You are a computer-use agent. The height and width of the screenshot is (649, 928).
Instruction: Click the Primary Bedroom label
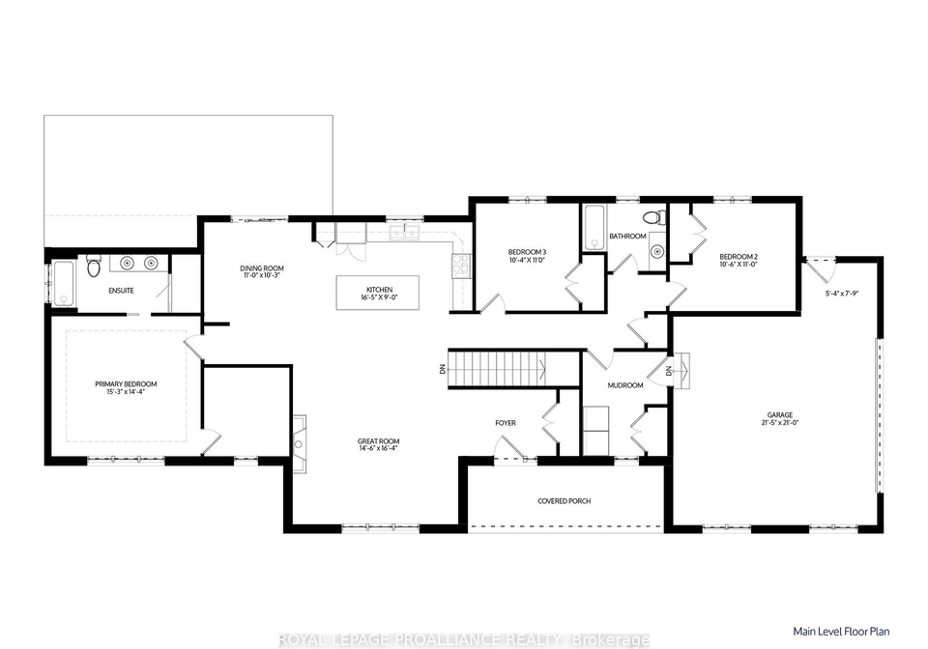tap(126, 384)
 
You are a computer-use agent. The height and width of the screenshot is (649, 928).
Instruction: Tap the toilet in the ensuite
tap(94, 267)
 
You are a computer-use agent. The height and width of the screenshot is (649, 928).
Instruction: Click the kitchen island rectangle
tap(378, 293)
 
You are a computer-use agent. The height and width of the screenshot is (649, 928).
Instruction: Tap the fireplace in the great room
tap(300, 443)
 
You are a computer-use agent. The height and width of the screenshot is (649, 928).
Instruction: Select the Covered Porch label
tap(564, 501)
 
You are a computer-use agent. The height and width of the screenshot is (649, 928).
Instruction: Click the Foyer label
tap(506, 423)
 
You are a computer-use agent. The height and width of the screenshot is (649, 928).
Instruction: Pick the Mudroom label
tap(625, 385)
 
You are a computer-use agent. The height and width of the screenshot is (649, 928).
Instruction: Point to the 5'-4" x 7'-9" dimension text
tap(842, 293)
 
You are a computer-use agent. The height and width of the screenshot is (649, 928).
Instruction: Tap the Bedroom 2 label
tap(738, 257)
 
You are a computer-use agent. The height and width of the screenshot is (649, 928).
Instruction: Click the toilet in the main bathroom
tap(652, 217)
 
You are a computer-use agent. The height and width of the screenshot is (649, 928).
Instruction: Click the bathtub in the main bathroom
tap(594, 228)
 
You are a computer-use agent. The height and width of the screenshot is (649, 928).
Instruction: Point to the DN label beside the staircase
tap(442, 370)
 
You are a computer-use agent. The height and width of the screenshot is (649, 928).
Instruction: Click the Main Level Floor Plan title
tap(841, 632)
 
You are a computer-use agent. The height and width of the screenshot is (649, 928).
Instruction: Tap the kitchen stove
tap(461, 266)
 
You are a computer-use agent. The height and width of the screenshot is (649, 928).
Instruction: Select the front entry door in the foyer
tap(509, 448)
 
